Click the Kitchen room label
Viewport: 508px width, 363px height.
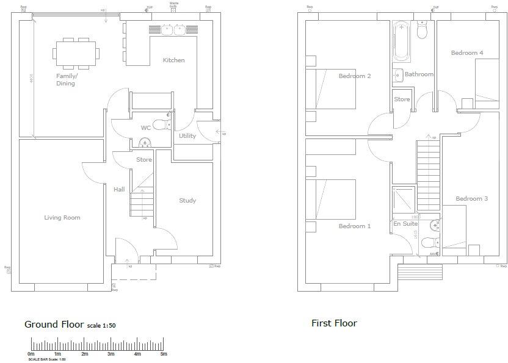pyautogui.click(x=173, y=60)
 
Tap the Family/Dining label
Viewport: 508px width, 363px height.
pyautogui.click(x=66, y=80)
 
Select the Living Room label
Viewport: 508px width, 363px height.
pyautogui.click(x=62, y=217)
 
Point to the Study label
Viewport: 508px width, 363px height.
pyautogui.click(x=187, y=201)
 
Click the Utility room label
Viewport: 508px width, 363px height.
pyautogui.click(x=187, y=136)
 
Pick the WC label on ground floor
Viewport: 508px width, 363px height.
pyautogui.click(x=146, y=128)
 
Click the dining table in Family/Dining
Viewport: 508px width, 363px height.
pyautogui.click(x=76, y=52)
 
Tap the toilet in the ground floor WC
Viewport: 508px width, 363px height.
pyautogui.click(x=162, y=125)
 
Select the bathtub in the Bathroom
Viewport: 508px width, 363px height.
pyautogui.click(x=401, y=40)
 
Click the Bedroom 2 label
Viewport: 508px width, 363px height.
pyautogui.click(x=355, y=76)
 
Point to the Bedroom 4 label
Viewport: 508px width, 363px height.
pyautogui.click(x=467, y=53)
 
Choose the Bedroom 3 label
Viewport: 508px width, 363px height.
pyautogui.click(x=471, y=199)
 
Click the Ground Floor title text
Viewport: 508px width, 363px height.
pyautogui.click(x=54, y=324)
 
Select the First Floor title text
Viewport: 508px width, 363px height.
pyautogui.click(x=334, y=323)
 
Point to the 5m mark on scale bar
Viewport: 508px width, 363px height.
pyautogui.click(x=164, y=354)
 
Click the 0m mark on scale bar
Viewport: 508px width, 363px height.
pyautogui.click(x=31, y=354)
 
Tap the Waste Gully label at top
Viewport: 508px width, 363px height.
pyautogui.click(x=174, y=5)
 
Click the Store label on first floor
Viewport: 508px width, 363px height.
pyautogui.click(x=402, y=99)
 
